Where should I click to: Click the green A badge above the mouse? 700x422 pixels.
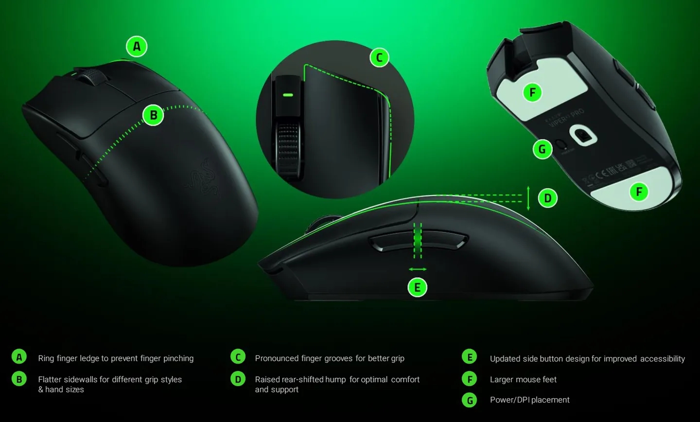(137, 47)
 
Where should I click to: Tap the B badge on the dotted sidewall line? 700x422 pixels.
(154, 115)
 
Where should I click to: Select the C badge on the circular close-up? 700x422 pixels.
(379, 58)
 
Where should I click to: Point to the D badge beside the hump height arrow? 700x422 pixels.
(548, 198)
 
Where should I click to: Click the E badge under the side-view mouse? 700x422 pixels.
(417, 287)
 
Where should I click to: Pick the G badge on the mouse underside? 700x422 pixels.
(542, 149)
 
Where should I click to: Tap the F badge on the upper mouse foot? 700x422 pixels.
(532, 92)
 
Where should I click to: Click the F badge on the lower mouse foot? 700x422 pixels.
(639, 192)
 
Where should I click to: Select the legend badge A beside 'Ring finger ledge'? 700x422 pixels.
(19, 357)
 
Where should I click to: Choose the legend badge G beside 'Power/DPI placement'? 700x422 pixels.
(470, 400)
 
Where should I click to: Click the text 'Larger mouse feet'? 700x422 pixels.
(523, 379)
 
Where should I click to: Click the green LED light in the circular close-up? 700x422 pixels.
(288, 95)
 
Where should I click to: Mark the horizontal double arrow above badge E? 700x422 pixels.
(418, 269)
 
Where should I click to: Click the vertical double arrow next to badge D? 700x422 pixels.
(528, 198)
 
